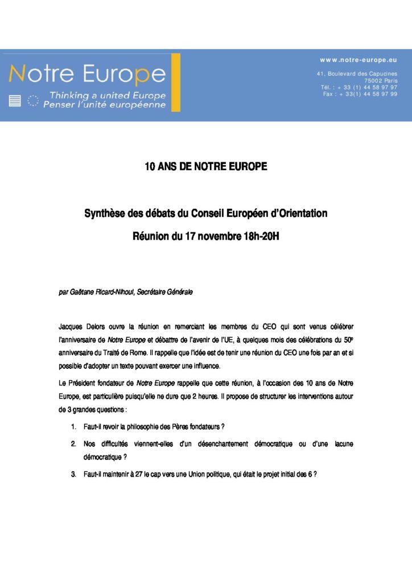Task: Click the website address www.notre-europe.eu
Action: coord(358,59)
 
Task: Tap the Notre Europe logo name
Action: coord(86,75)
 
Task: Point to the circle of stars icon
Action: coord(34,101)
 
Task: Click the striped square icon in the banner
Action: coord(15,101)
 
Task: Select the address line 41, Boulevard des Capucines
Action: coord(357,74)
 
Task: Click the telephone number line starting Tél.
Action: coord(359,87)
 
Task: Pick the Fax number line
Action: coord(360,94)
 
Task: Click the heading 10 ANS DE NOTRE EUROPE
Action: coord(205,167)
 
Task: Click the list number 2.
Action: coord(74,443)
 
